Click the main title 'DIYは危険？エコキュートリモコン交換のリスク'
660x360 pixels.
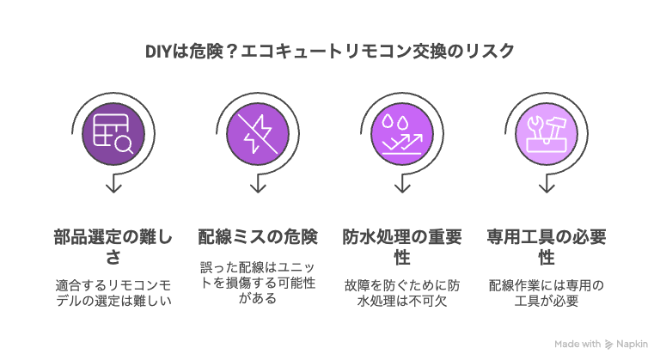pyautogui.click(x=330, y=52)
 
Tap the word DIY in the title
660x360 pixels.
pyautogui.click(x=157, y=52)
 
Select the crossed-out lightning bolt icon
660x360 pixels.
pyautogui.click(x=258, y=133)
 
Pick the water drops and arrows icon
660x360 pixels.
pyautogui.click(x=402, y=133)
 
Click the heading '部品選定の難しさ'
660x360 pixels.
pyautogui.click(x=113, y=247)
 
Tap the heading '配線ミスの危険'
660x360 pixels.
pyautogui.click(x=258, y=237)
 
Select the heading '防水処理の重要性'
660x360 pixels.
pyautogui.click(x=402, y=247)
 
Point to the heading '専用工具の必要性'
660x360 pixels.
pyautogui.click(x=547, y=247)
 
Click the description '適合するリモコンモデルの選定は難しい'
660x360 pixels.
pyautogui.click(x=113, y=293)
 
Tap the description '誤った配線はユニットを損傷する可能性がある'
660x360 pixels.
pyautogui.click(x=258, y=283)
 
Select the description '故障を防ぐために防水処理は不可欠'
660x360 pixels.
pyautogui.click(x=402, y=293)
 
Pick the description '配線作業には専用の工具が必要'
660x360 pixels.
pyautogui.click(x=547, y=293)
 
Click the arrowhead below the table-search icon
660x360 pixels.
pyautogui.click(x=113, y=188)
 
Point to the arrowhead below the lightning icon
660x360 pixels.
pyautogui.click(x=258, y=188)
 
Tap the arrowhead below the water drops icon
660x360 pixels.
pyautogui.click(x=402, y=188)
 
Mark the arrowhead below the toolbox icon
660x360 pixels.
pyautogui.click(x=547, y=188)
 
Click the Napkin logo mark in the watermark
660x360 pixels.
pyautogui.click(x=608, y=345)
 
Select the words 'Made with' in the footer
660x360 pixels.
pyautogui.click(x=577, y=344)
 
